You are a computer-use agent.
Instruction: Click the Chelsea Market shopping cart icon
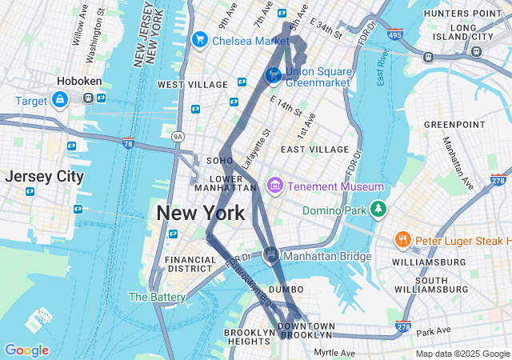(x=199, y=39)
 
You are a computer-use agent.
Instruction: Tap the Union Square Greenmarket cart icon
(x=273, y=75)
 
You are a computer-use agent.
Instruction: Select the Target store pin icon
(x=59, y=99)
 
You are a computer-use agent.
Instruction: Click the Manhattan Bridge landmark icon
(x=271, y=255)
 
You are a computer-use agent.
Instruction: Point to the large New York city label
(x=201, y=214)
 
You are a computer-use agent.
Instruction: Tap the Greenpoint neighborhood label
(x=454, y=125)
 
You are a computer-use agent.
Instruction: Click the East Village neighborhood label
(x=314, y=150)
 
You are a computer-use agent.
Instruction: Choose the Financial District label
(x=190, y=264)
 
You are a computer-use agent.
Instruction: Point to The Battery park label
(x=157, y=297)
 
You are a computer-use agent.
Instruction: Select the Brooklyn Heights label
(x=250, y=337)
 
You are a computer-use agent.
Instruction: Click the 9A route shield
(x=178, y=138)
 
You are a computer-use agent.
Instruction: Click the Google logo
(x=26, y=350)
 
